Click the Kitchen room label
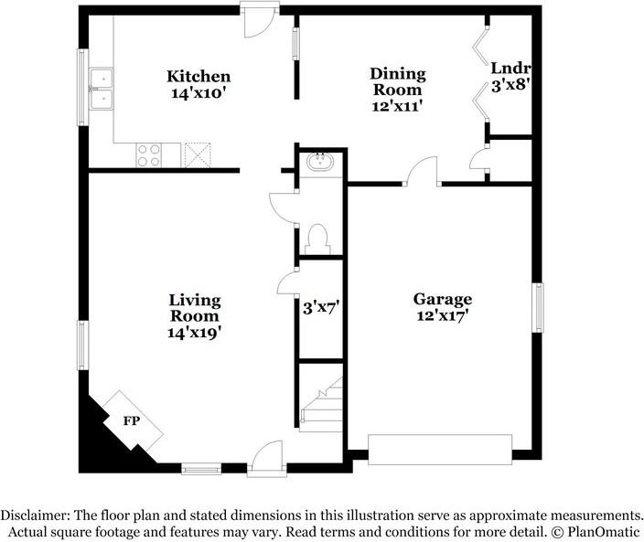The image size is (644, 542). tap(198, 77)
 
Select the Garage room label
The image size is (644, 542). tap(442, 300)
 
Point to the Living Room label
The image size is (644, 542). tap(194, 308)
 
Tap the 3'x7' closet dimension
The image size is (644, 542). tap(320, 308)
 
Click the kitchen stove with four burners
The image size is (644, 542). tap(148, 155)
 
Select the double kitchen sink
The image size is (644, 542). tap(102, 88)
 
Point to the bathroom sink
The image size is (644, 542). tap(320, 163)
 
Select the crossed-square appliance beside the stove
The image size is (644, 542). tap(198, 155)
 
